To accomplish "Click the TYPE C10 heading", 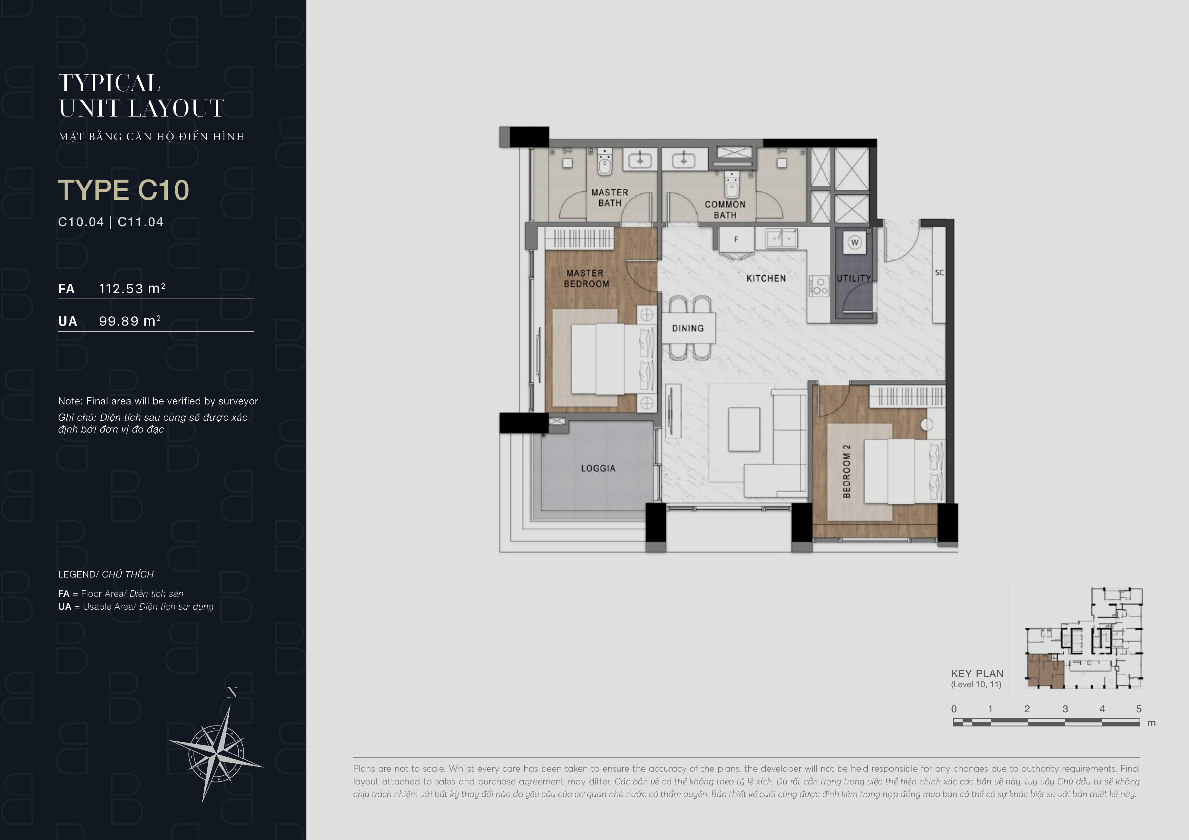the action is (124, 190).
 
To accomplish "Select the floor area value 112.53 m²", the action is (132, 288).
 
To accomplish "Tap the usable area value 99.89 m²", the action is (130, 321).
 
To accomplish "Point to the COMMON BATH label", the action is (725, 210).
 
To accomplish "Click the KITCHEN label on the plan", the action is (766, 278).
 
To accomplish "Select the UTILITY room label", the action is (854, 278).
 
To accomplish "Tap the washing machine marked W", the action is (854, 242).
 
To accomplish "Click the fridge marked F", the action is (736, 239).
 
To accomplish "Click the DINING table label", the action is (688, 328).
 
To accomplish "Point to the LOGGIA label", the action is (598, 468).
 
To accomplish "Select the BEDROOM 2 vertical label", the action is (847, 471).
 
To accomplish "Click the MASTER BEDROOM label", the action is (586, 278).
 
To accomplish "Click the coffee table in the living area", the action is (744, 429).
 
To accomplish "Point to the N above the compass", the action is (233, 693).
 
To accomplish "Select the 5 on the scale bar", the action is (1139, 709).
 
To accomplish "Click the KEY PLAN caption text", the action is (977, 673).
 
